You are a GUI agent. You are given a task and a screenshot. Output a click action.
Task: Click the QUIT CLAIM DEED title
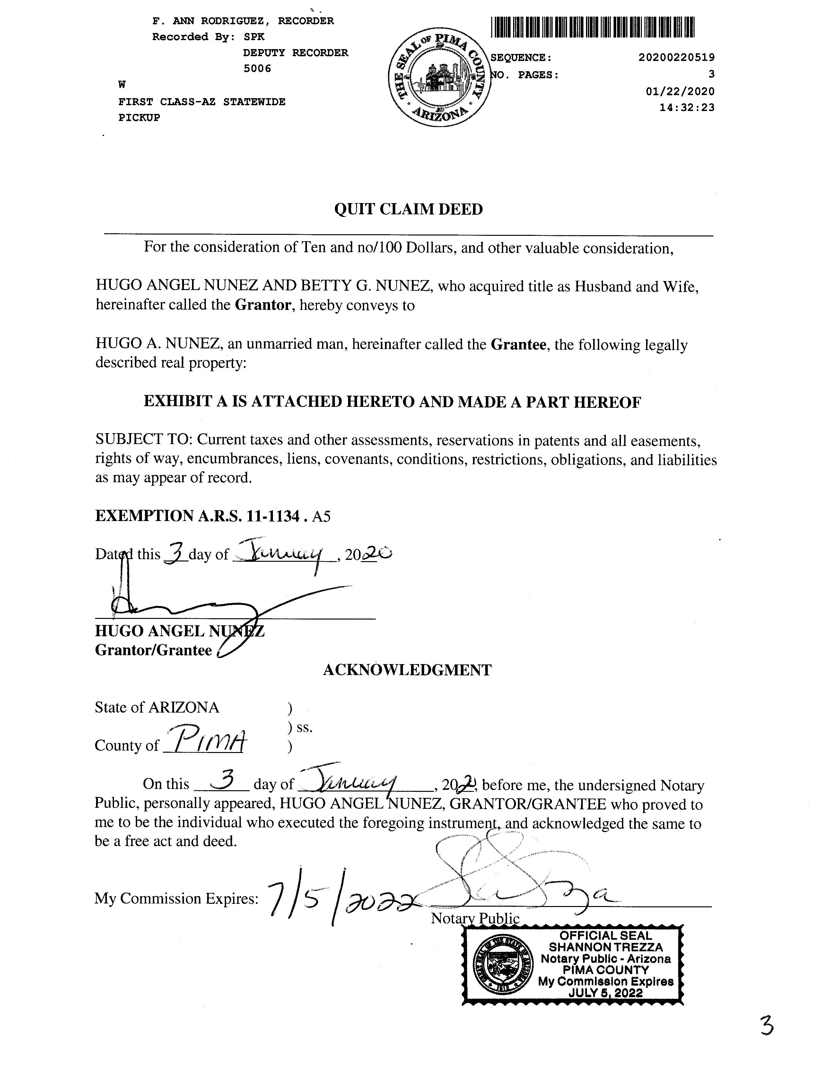408,209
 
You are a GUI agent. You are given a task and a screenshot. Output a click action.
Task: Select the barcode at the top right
592,27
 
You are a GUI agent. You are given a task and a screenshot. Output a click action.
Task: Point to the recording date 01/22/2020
680,91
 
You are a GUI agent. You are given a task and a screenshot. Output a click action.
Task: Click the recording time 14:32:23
686,107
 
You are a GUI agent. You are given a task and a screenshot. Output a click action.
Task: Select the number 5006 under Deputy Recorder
258,68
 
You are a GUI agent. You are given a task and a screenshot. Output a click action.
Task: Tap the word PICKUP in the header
139,118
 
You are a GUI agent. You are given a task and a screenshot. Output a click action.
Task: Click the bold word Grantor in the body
263,305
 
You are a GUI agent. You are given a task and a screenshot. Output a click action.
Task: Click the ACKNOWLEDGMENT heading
407,670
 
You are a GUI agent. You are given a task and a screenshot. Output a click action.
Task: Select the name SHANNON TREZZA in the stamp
605,947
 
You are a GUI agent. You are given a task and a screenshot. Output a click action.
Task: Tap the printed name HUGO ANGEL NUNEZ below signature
179,631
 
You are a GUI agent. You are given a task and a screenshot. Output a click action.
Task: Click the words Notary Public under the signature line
475,919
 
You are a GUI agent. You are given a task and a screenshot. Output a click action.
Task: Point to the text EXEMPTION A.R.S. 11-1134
197,516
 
